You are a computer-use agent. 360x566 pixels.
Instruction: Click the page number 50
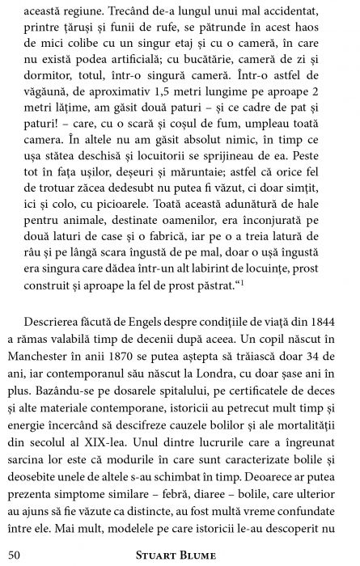(x=14, y=553)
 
